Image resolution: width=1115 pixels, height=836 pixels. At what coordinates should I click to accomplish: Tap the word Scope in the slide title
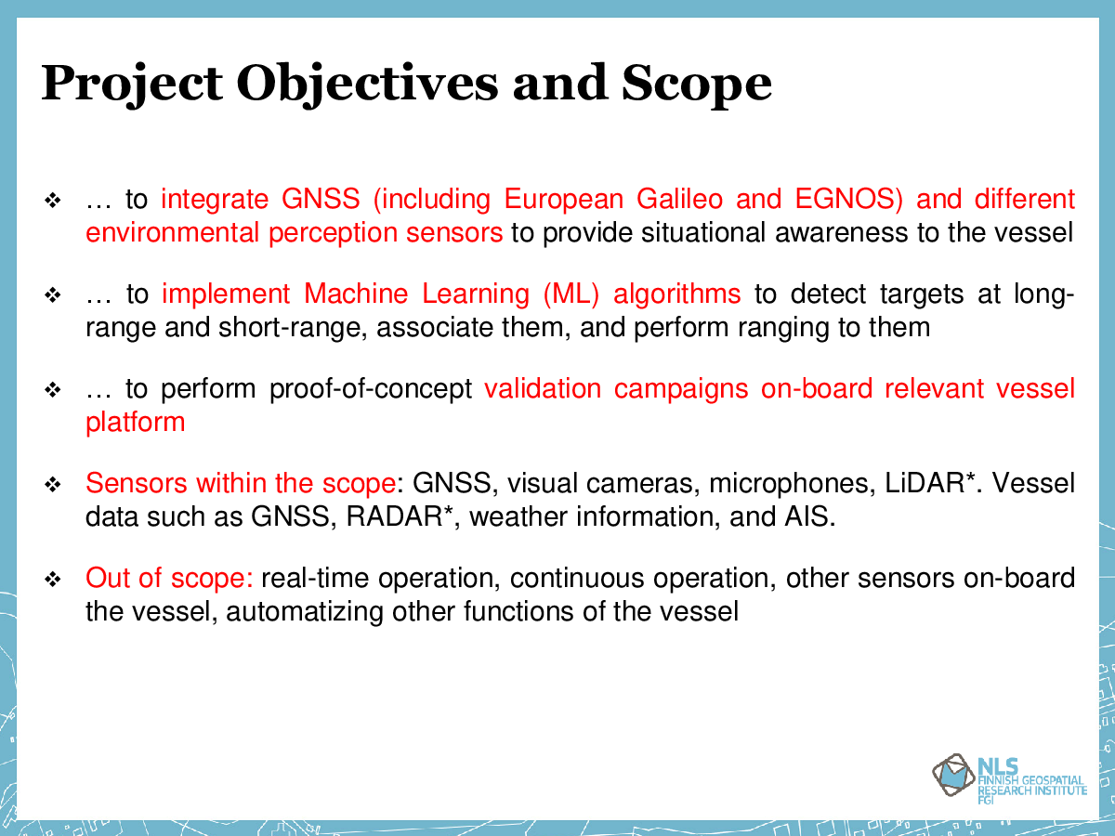(697, 85)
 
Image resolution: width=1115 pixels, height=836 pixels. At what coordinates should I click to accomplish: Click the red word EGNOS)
(849, 199)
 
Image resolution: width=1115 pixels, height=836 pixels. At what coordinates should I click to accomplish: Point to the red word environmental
(173, 232)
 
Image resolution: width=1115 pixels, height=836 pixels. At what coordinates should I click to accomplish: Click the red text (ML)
(571, 294)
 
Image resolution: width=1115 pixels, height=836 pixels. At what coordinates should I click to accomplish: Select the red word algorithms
(677, 294)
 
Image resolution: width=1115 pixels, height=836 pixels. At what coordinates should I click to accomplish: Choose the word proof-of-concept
(371, 389)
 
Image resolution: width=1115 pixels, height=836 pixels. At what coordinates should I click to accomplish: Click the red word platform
(135, 423)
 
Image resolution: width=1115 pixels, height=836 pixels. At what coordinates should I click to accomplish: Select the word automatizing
(304, 611)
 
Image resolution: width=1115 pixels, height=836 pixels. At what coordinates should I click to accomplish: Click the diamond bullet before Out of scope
(53, 579)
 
